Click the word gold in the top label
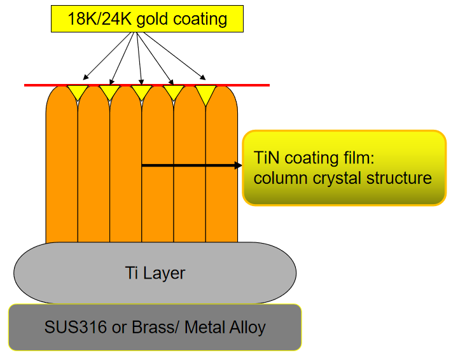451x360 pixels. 153,20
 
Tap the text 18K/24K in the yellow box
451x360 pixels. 100,19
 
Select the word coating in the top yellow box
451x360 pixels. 200,20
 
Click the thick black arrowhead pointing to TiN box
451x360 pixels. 238,165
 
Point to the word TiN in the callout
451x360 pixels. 267,158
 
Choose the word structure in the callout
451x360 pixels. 399,177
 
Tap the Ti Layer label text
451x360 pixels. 155,273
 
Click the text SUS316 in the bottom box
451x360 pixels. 75,327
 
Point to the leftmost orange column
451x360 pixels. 62,165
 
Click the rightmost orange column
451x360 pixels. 222,165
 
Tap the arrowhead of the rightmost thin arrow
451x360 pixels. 203,78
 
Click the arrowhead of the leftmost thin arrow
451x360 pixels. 85,77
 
